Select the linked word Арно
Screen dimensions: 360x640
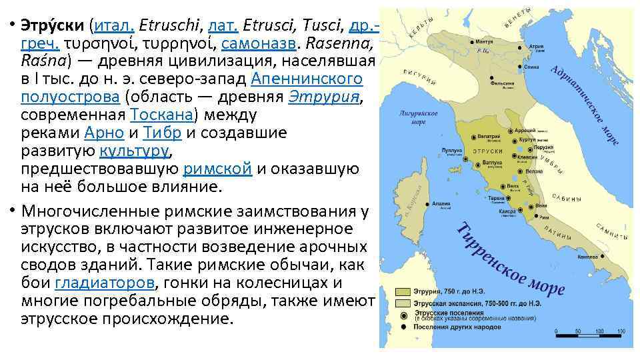click(x=104, y=132)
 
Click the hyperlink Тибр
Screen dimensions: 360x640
click(x=163, y=132)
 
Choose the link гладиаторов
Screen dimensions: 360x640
click(x=105, y=283)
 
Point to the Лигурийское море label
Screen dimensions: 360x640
click(x=419, y=117)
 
